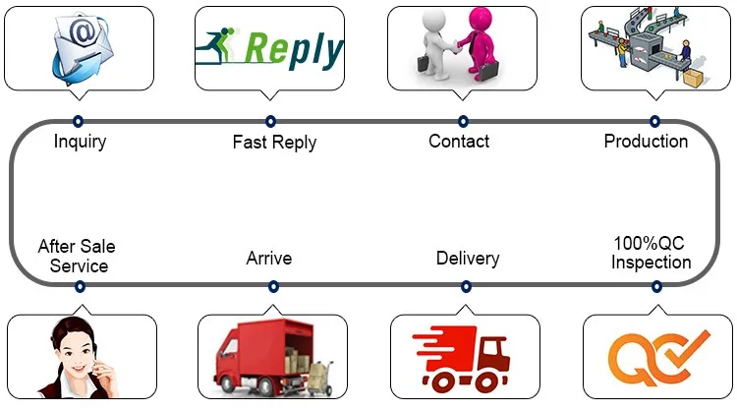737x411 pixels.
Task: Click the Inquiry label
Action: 80,142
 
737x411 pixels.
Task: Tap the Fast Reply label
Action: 274,142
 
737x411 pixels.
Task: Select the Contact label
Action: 459,141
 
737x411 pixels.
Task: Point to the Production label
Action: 646,141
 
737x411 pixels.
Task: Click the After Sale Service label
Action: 77,256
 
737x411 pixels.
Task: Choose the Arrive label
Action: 269,259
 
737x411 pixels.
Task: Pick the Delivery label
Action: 468,259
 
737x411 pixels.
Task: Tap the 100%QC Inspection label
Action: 651,253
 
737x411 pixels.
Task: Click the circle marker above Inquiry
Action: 78,121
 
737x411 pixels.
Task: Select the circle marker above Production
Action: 654,121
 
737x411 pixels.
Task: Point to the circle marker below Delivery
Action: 466,286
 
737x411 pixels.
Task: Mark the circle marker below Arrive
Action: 273,286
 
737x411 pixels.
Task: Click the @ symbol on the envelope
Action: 83,32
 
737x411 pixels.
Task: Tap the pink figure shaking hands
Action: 479,42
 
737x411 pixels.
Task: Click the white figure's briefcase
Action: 424,64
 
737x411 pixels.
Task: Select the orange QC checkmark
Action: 688,348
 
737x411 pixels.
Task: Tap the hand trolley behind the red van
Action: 321,378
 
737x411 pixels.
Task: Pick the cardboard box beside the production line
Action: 693,78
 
